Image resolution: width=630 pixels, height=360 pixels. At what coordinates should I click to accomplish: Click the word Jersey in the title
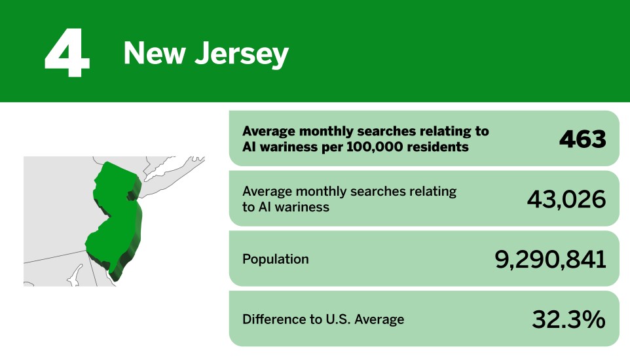point(242,54)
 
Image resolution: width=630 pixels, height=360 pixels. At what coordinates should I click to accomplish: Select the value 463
point(582,139)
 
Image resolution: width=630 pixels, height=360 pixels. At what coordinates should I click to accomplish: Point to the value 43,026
point(566,199)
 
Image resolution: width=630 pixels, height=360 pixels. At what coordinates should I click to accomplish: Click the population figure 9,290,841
point(549,259)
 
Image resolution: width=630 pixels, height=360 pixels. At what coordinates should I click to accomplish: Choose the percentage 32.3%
point(568,319)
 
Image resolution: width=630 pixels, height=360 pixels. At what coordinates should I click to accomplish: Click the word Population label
point(275,259)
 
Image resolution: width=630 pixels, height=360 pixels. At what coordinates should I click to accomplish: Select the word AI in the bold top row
point(250,147)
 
